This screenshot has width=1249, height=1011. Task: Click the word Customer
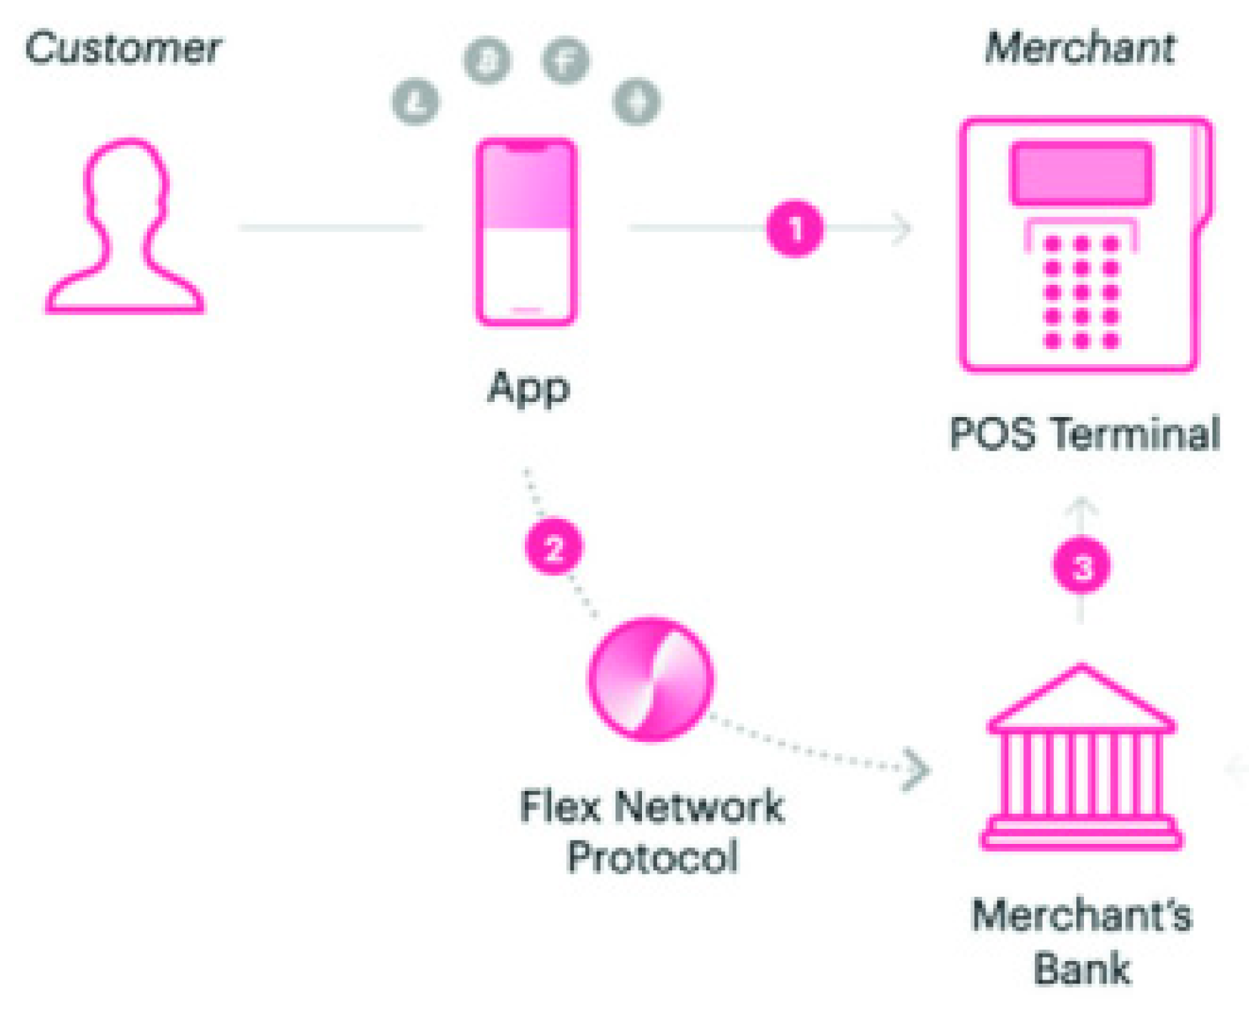(123, 49)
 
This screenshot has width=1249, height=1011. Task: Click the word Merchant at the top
(1080, 49)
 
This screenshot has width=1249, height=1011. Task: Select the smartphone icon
(526, 232)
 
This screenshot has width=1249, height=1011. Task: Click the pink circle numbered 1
(794, 228)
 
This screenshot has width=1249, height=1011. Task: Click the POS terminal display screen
(1081, 173)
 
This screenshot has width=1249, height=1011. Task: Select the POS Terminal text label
(1084, 433)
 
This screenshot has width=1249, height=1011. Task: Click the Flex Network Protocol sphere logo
(651, 678)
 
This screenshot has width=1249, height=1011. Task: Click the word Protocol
(652, 856)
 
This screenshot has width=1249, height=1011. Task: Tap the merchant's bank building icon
(1082, 764)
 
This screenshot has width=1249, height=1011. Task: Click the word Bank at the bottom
(1082, 969)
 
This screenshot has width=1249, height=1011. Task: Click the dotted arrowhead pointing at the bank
(917, 770)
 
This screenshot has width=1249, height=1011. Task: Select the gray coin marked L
(416, 101)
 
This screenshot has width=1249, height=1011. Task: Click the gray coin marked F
(566, 61)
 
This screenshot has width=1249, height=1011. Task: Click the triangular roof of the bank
(1081, 700)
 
